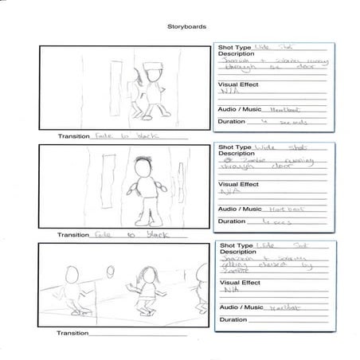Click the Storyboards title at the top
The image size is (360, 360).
point(186,26)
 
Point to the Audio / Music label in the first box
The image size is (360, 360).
point(240,106)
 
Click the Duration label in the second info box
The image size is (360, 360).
point(232,221)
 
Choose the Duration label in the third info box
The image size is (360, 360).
point(232,319)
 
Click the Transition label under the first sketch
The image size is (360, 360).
point(73,136)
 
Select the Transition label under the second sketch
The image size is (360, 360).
point(73,235)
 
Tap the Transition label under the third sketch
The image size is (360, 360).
point(73,333)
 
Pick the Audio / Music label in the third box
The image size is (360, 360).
point(240,307)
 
